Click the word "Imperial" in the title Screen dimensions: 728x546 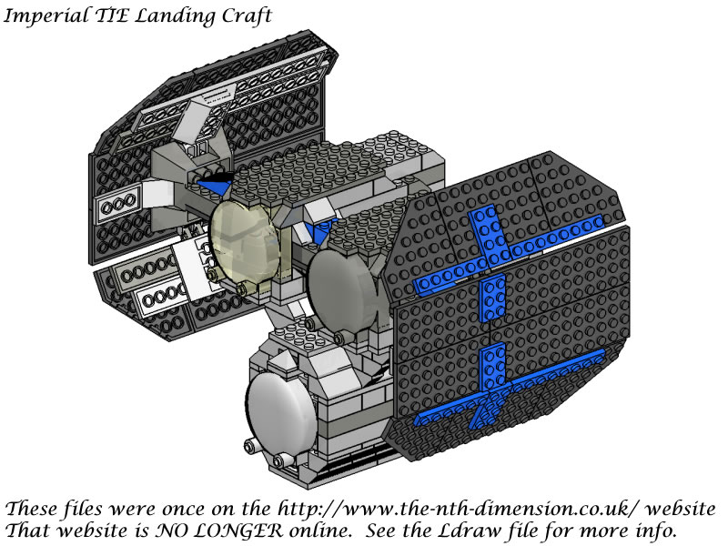tap(45, 16)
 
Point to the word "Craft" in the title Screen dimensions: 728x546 tap(247, 15)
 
